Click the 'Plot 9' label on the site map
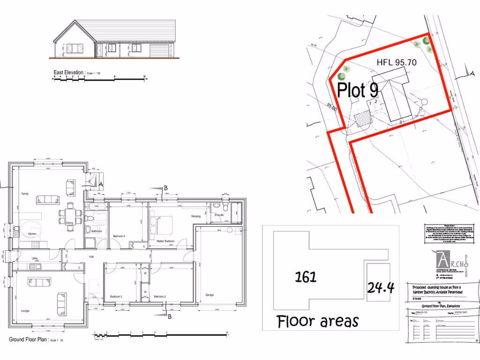358,90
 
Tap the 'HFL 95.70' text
397,62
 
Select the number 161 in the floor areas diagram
306,277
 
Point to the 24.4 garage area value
380,287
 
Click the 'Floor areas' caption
318,322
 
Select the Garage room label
210,295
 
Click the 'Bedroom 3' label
116,297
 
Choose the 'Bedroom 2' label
160,297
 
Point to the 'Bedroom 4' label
119,236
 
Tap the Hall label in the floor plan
92,256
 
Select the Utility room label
35,258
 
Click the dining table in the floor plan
69,216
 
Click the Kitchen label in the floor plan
32,233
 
